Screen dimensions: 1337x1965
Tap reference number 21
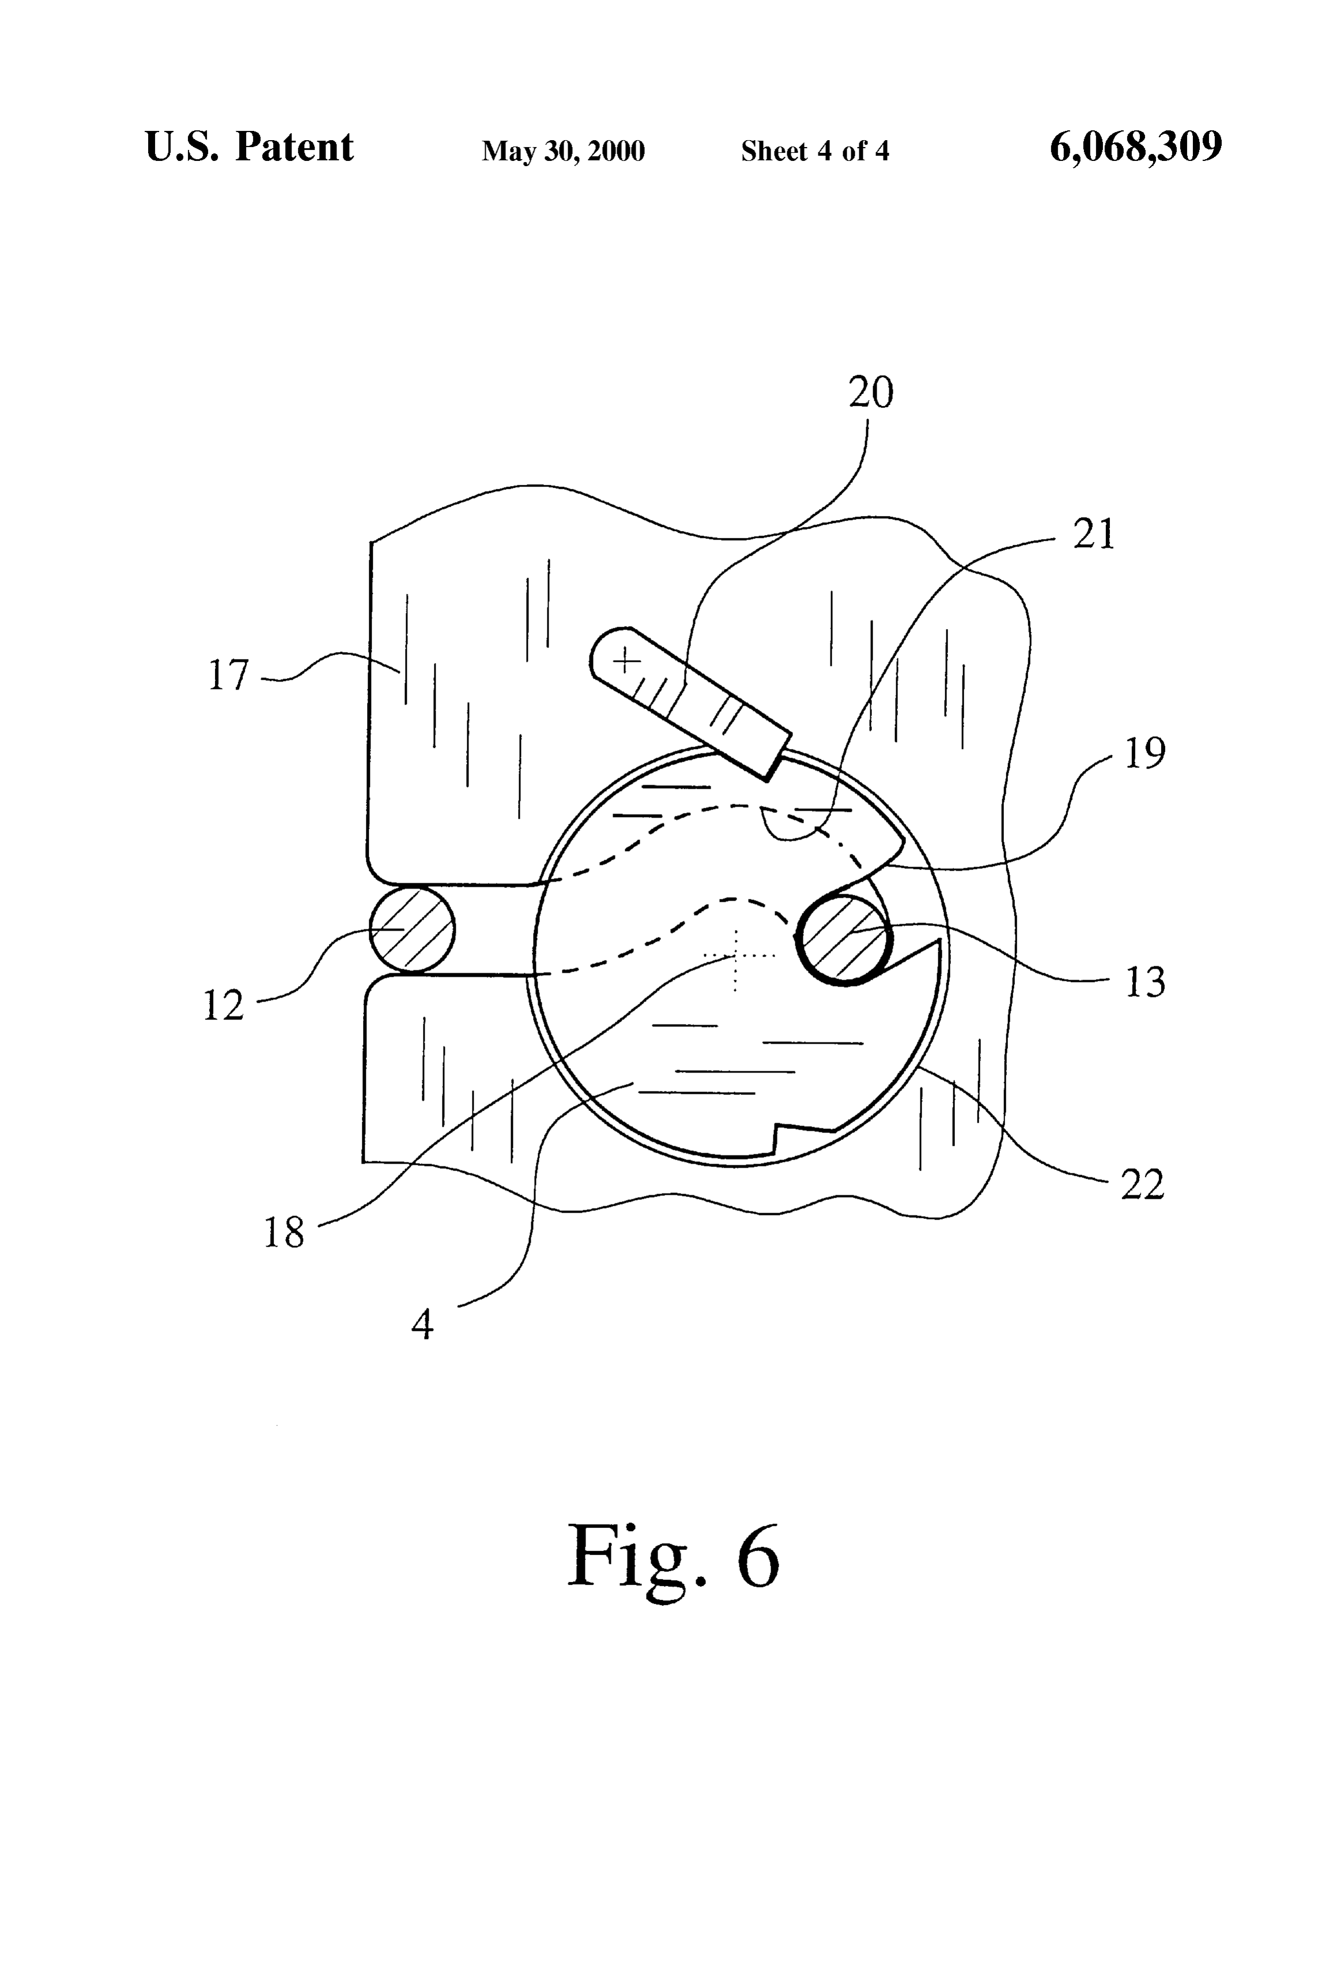pos(1094,534)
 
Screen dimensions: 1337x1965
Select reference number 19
pos(1145,752)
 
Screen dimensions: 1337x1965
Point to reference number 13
pos(1145,982)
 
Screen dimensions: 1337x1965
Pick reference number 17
pos(229,676)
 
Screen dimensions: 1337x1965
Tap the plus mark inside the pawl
pos(625,660)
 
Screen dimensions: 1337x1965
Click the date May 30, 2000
pos(563,151)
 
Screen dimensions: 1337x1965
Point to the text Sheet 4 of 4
pos(815,151)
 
